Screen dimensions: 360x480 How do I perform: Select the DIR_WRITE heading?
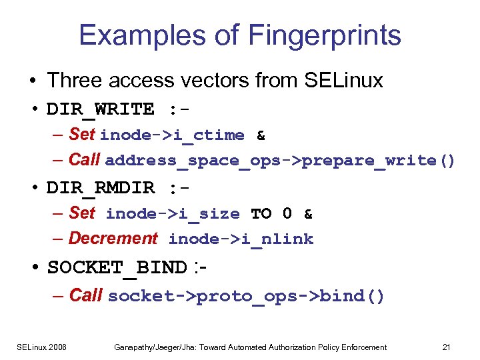(x=101, y=109)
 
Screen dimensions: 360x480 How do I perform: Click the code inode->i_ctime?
(x=173, y=135)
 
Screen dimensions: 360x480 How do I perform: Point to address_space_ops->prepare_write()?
(x=280, y=161)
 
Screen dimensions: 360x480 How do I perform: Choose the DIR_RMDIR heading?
(x=101, y=188)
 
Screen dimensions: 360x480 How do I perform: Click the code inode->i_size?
(x=173, y=214)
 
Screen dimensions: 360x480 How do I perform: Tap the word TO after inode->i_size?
(x=261, y=214)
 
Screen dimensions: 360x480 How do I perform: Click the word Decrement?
(x=113, y=238)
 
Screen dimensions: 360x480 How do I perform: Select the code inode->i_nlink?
(x=241, y=239)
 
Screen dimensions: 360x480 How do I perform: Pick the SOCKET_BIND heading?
(x=117, y=268)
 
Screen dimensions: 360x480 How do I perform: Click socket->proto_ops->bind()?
(x=246, y=296)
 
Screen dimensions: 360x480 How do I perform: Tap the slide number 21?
(x=447, y=347)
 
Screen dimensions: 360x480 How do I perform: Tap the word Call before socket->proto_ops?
(x=85, y=295)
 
